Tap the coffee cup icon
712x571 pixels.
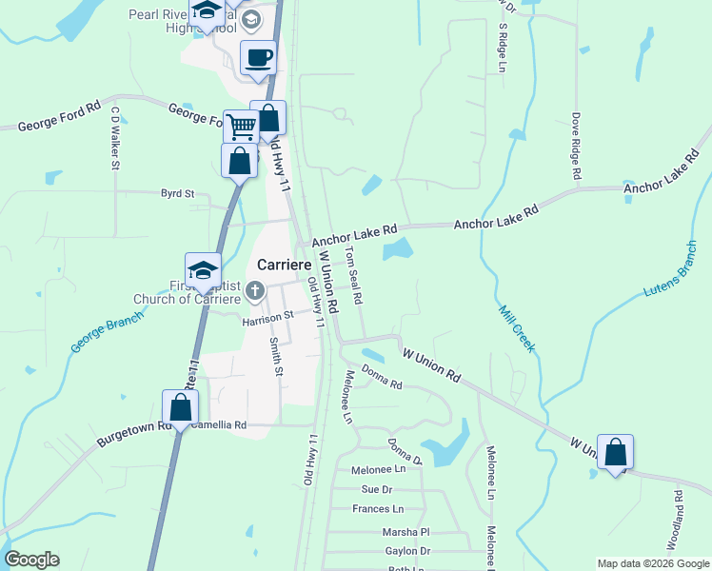258,57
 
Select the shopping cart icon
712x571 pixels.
241,125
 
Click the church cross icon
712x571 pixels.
254,290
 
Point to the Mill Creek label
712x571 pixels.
516,328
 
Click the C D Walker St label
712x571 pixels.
115,137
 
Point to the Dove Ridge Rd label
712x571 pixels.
576,148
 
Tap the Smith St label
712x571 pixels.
276,356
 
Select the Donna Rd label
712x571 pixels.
383,385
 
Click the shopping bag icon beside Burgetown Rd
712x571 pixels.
180,407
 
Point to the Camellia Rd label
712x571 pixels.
219,425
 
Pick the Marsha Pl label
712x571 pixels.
406,532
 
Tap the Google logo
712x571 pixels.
31,560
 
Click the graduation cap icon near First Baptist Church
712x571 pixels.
203,270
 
